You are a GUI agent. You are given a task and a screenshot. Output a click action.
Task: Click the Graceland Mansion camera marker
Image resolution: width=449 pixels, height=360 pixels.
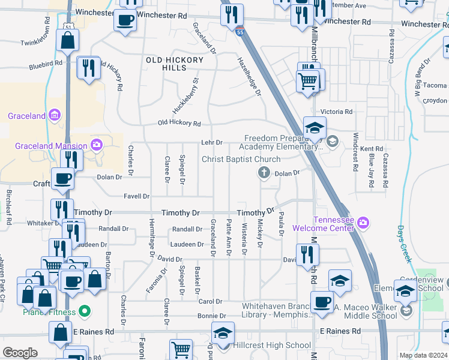[96, 145]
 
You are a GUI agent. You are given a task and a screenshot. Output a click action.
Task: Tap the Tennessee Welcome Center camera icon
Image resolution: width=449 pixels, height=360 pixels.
[363, 223]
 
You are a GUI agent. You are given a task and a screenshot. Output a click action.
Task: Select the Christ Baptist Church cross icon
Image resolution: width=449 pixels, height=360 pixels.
[263, 173]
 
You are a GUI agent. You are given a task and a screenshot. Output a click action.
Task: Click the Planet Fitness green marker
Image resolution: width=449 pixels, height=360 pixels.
[85, 311]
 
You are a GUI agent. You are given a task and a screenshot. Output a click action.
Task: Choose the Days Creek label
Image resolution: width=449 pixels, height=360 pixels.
[404, 244]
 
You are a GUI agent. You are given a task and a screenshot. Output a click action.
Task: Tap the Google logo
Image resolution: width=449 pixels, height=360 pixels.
[20, 353]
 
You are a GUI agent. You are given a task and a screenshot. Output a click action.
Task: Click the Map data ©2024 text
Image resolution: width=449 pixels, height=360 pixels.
[423, 355]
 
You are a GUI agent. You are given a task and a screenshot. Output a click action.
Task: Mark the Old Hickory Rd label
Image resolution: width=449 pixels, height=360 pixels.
[179, 123]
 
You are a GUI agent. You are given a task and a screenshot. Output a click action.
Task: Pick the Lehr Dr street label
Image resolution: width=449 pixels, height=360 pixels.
[212, 143]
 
